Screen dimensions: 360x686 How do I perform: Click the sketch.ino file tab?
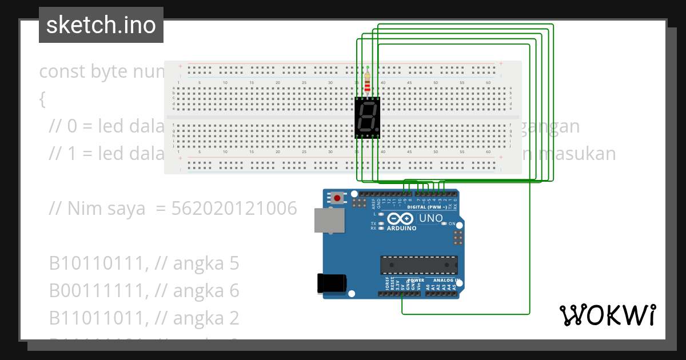[101, 25]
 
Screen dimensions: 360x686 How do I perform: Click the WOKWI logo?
[607, 315]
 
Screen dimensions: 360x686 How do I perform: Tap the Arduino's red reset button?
[337, 198]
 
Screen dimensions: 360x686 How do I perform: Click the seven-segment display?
[368, 118]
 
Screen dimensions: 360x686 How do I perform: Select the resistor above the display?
[367, 82]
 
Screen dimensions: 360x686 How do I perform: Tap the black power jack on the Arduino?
[331, 283]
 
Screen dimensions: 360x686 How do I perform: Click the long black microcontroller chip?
[419, 265]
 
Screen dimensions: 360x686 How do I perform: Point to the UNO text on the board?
[431, 218]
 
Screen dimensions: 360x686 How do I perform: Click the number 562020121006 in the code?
[234, 209]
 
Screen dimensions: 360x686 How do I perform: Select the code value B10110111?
[95, 263]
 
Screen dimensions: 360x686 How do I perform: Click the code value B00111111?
[95, 291]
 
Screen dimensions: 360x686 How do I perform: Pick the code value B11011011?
[95, 318]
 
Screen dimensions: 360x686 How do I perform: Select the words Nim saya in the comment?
[106, 209]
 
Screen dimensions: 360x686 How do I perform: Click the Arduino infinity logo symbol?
[401, 218]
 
